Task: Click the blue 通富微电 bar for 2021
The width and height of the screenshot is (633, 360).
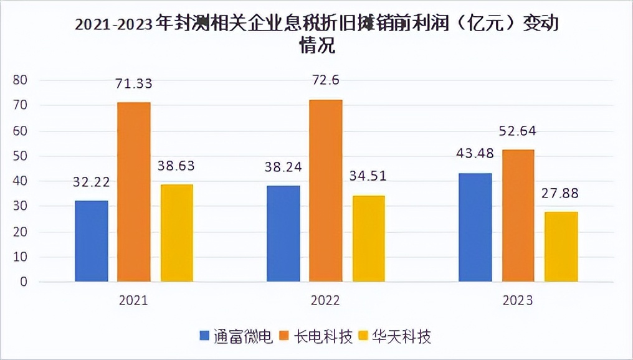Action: pyautogui.click(x=92, y=241)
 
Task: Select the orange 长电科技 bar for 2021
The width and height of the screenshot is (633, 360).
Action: pyautogui.click(x=134, y=192)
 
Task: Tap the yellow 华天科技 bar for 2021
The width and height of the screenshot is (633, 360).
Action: pyautogui.click(x=176, y=233)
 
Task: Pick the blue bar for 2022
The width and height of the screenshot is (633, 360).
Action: pyautogui.click(x=283, y=234)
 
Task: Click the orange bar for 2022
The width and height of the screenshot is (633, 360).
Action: pyautogui.click(x=326, y=191)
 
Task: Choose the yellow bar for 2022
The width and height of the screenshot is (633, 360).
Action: pyautogui.click(x=368, y=239)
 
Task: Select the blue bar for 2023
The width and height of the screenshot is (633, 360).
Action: pyautogui.click(x=475, y=227)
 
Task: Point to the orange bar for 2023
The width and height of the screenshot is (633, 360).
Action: pyautogui.click(x=518, y=216)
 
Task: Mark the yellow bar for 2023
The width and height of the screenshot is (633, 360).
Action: pyautogui.click(x=561, y=247)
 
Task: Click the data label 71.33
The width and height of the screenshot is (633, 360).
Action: pyautogui.click(x=135, y=83)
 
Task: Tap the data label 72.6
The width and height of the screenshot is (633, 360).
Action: pyautogui.click(x=326, y=80)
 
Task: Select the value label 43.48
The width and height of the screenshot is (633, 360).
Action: pyautogui.click(x=475, y=156)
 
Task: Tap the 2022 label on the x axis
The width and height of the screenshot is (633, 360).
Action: pyautogui.click(x=326, y=301)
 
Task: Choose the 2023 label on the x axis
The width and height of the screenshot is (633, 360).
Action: pyautogui.click(x=518, y=301)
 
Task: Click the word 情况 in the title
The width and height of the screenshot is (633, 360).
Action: pyautogui.click(x=317, y=47)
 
